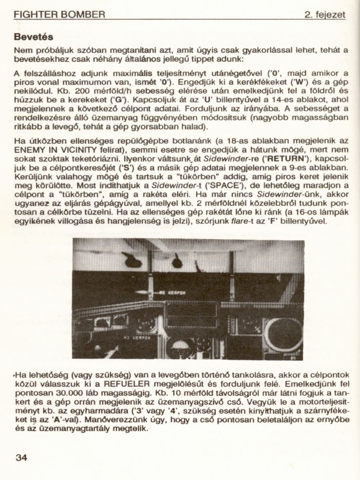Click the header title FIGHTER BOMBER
[x=59, y=15]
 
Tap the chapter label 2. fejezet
[x=324, y=15]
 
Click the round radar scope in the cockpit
[x=283, y=334]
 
